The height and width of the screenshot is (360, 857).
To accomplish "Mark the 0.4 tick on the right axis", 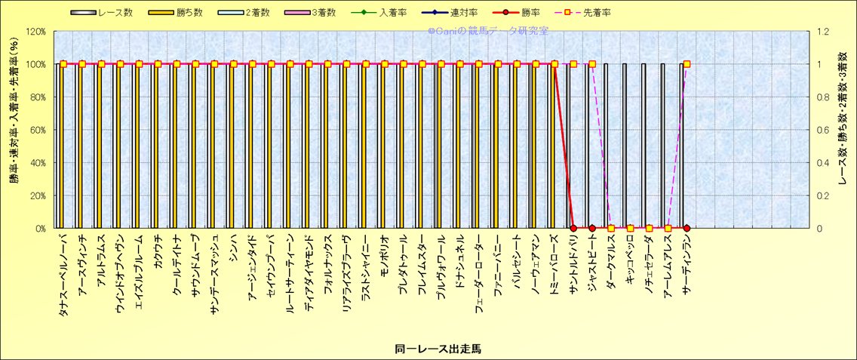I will tap(820, 162).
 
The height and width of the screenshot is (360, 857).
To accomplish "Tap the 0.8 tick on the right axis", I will tap(820, 97).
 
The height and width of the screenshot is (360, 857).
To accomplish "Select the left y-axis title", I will tap(14, 130).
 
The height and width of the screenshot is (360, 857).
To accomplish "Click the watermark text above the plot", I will tap(487, 31).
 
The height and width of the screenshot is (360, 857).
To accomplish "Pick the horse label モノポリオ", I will tap(384, 258).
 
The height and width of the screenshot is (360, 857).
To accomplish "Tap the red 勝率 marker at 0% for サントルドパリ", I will tap(573, 228).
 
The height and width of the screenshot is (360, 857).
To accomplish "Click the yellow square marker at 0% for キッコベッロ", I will tap(630, 228).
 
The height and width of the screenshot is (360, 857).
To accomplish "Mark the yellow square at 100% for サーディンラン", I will tap(687, 64).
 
